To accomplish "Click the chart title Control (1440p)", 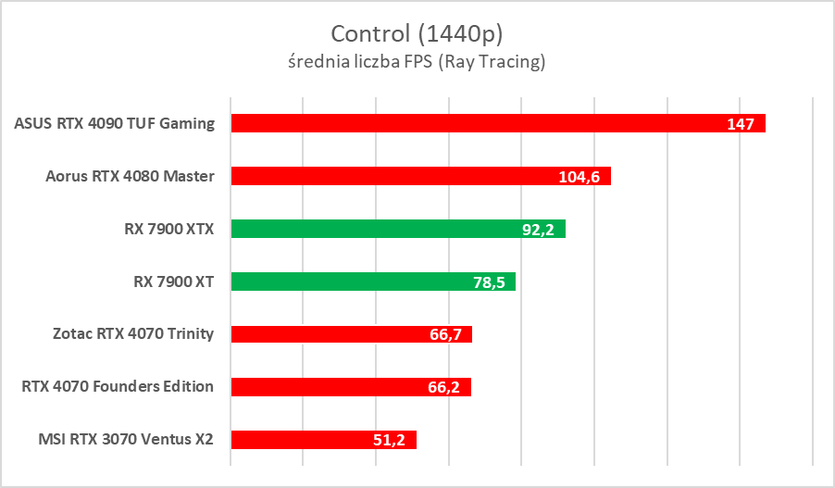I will (x=417, y=34).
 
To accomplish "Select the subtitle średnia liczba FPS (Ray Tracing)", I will (x=417, y=63).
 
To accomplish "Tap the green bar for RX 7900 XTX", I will (x=370, y=229).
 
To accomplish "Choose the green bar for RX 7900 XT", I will (x=352, y=282).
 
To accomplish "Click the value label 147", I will (x=741, y=124).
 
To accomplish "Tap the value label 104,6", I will (x=580, y=177).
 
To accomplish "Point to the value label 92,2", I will (x=537, y=230).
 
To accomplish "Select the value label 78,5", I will (x=488, y=282).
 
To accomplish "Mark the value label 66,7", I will (x=444, y=335).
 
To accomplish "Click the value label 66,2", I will (x=443, y=388).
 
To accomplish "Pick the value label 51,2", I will (x=389, y=441).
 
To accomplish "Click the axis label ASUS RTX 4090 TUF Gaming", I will (x=115, y=123).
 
